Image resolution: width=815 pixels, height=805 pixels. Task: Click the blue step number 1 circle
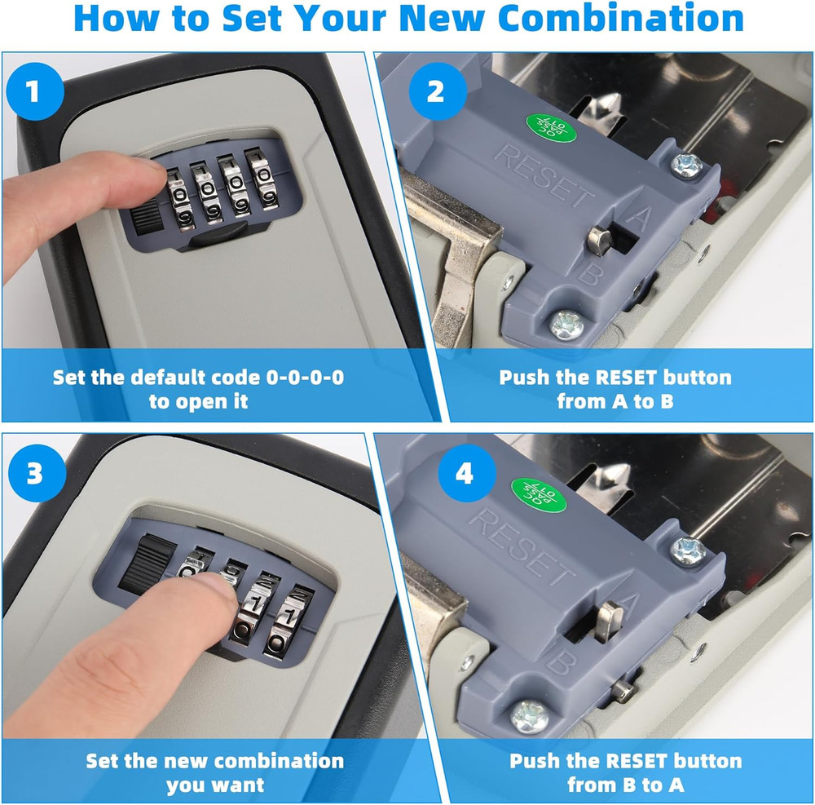pos(33,91)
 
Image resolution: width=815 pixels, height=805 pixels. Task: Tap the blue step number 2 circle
pos(436,91)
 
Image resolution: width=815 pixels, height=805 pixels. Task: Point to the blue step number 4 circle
pos(464,475)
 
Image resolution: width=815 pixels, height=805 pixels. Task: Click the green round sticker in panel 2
pos(548,126)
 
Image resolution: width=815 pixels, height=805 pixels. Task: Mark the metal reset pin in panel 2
pos(599,238)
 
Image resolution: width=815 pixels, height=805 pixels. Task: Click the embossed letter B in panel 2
pos(588,273)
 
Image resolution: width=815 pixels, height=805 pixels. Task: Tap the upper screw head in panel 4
pos(686,549)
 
